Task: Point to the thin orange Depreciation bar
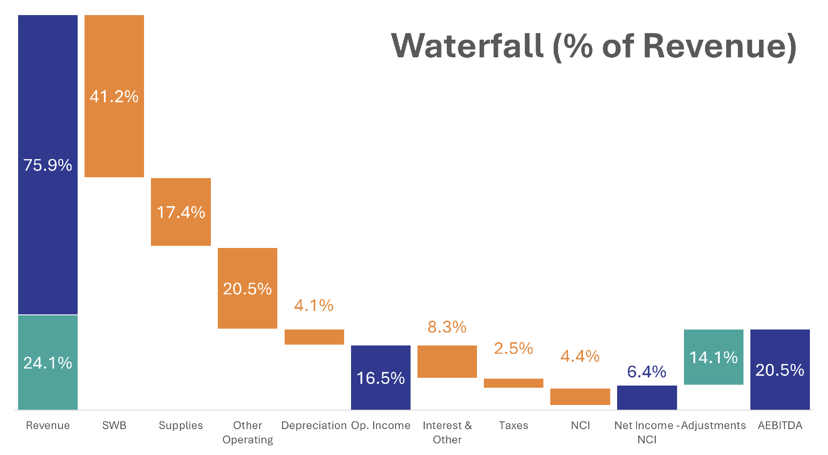coord(314,337)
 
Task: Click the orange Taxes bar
coord(513,383)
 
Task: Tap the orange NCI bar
coord(580,397)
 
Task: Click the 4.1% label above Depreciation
coord(314,305)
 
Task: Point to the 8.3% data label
coord(447,327)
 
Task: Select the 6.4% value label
coord(646,371)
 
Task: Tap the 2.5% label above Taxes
coord(513,348)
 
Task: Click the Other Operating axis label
coord(248,432)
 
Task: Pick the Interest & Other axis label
coord(447,432)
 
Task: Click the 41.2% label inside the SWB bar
coord(114,96)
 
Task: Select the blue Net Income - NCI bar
coord(646,398)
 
